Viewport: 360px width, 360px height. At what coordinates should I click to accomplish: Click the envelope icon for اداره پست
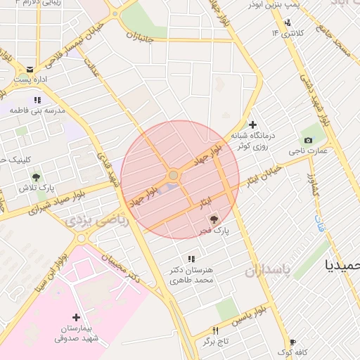[30, 69]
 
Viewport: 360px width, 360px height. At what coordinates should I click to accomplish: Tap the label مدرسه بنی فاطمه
[40, 111]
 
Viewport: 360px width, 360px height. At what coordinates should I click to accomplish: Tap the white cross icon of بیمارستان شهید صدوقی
[77, 317]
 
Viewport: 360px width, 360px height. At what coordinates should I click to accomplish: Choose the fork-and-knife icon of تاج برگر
[216, 330]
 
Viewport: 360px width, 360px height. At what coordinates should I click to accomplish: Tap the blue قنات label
[318, 226]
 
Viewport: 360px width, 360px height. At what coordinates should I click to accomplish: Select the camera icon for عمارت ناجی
[308, 139]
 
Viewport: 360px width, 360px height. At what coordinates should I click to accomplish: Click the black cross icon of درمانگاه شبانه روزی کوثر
[252, 124]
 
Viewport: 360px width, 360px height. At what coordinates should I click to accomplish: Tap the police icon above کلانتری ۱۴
[287, 22]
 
